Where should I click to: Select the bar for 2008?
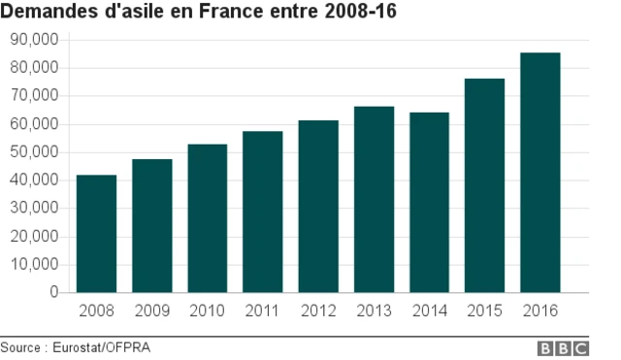coord(96,234)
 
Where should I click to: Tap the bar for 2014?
coord(429,203)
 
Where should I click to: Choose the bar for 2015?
coord(484,185)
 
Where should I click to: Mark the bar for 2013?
coord(374,200)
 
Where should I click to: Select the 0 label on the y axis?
coord(54,293)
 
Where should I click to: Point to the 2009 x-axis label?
coord(151,311)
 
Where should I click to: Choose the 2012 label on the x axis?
coord(317,311)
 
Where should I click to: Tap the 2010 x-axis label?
coord(207,311)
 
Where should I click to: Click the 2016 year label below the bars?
coord(539,311)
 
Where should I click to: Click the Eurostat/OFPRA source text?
coord(101,347)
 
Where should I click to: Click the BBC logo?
coord(563,347)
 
